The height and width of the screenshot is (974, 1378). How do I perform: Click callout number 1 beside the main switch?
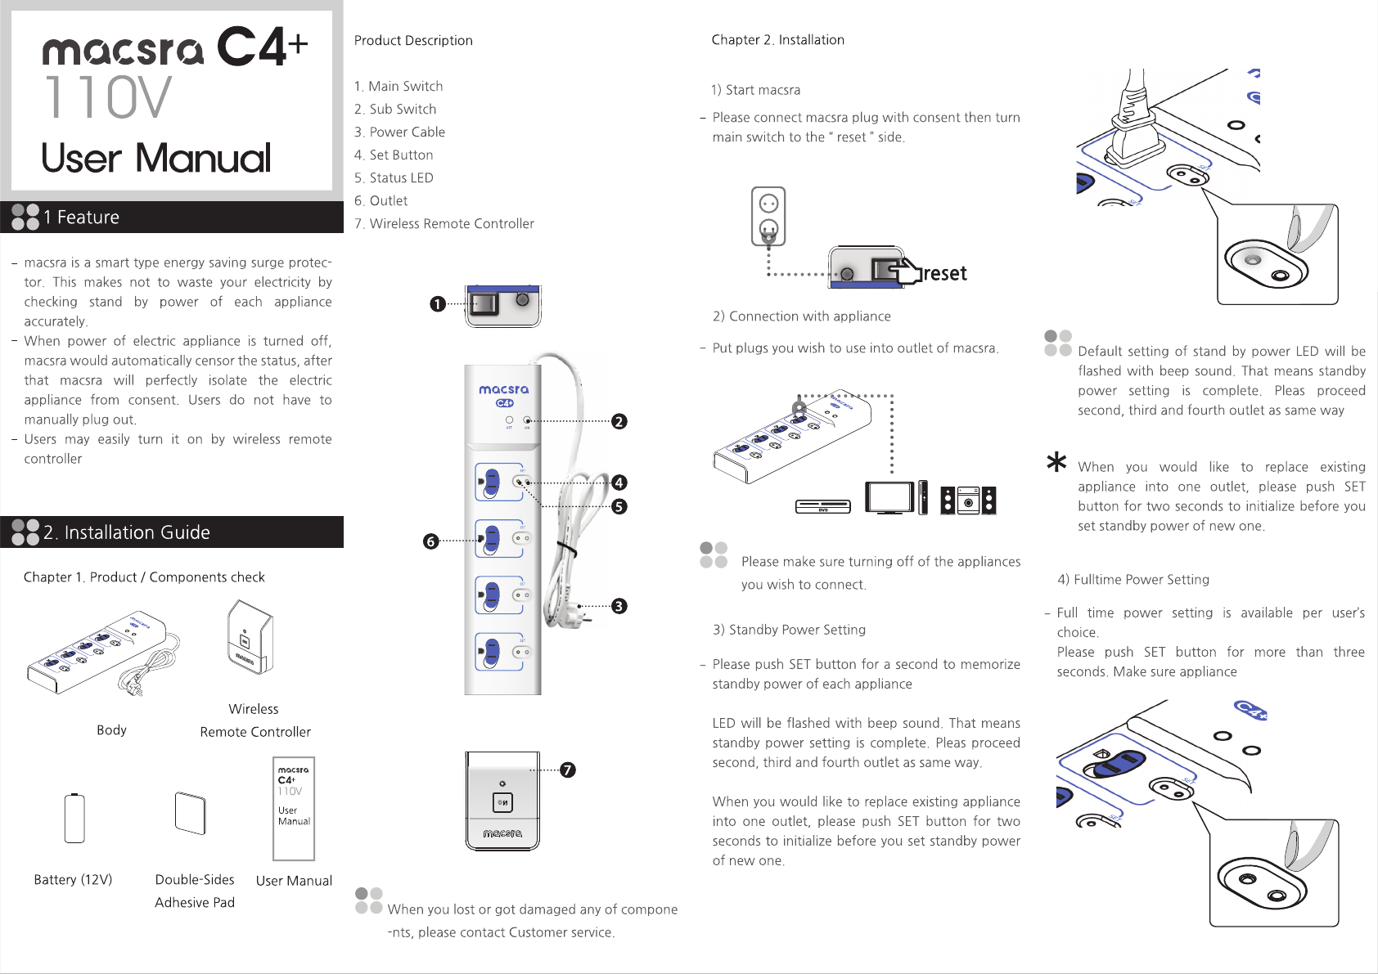[x=438, y=304]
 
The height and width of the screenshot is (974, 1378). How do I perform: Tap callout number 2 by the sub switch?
[x=619, y=421]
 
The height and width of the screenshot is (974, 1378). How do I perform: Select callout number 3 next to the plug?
[x=619, y=606]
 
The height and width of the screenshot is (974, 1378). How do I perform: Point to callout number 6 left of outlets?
[x=431, y=541]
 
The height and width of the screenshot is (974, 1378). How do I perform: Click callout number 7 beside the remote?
[x=568, y=770]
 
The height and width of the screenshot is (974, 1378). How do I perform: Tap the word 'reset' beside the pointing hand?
[x=945, y=273]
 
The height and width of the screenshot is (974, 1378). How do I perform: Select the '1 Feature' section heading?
[x=81, y=218]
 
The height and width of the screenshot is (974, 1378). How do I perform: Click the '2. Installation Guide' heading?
[x=127, y=532]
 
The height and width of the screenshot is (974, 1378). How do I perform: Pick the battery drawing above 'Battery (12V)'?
[x=74, y=818]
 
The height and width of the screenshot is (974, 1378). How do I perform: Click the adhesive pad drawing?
[x=190, y=813]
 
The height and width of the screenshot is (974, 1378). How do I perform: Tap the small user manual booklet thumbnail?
[x=294, y=809]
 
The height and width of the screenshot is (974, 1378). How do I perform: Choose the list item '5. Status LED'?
[x=394, y=177]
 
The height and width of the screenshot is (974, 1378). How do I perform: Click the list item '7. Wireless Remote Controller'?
[x=444, y=223]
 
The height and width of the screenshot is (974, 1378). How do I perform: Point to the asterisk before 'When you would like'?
[x=1056, y=463]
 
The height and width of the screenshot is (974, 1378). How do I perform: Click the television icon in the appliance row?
[x=890, y=497]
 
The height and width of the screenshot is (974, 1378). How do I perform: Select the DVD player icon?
[x=822, y=507]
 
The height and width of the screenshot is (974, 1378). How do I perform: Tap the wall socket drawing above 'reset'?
[x=768, y=216]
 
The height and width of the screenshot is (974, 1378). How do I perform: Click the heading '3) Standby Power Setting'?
[x=789, y=630]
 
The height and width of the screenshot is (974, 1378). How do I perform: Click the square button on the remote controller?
[x=502, y=803]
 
